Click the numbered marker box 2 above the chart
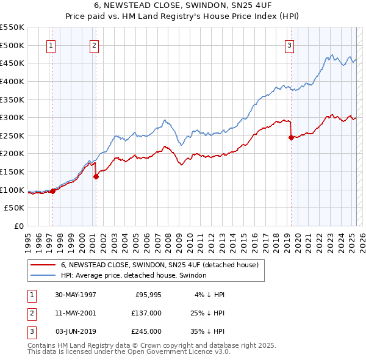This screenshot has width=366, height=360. (94, 45)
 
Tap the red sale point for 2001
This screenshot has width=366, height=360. (96, 177)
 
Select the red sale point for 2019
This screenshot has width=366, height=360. (291, 138)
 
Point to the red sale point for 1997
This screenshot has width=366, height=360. (53, 191)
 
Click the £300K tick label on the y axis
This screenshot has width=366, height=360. (12, 117)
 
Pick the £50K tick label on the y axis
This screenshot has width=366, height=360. (15, 208)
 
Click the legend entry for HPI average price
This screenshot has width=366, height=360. (134, 275)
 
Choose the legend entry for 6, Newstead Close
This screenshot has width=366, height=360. (160, 265)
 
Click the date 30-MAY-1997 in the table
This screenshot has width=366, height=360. (76, 295)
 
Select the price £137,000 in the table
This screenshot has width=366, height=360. (147, 314)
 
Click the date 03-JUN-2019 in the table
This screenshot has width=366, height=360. (76, 331)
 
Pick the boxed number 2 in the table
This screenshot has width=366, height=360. (31, 314)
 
